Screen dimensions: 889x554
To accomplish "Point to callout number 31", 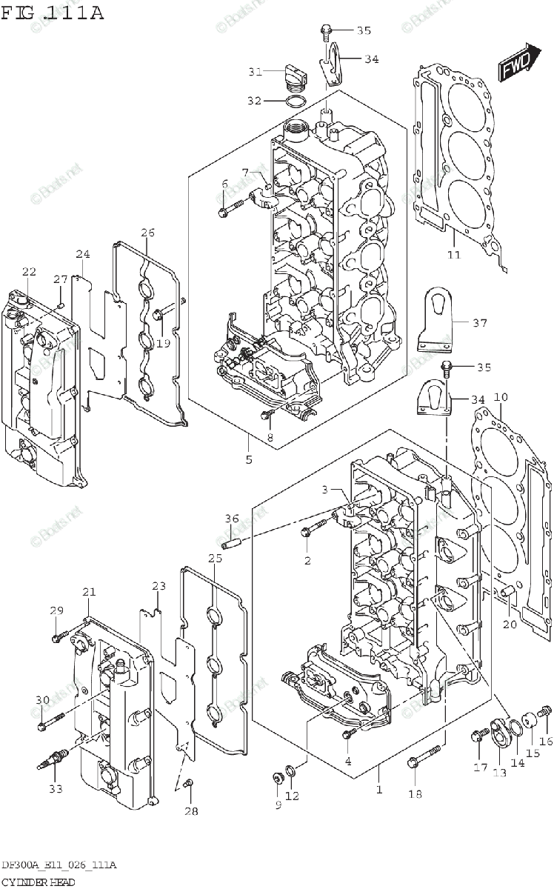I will tap(255, 72).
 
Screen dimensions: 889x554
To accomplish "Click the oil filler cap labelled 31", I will tap(294, 75).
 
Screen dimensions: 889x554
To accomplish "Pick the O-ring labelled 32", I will tap(295, 101).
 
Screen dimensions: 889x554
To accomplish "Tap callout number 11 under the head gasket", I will tap(453, 255).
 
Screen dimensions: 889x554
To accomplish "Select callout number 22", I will tap(28, 271).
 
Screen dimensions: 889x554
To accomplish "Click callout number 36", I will tap(232, 519).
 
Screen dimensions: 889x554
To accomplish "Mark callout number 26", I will tap(147, 233).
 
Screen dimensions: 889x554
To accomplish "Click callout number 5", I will tap(249, 459).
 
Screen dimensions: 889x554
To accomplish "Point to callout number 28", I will tap(191, 811).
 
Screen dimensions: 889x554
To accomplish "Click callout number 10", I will tap(501, 398).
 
